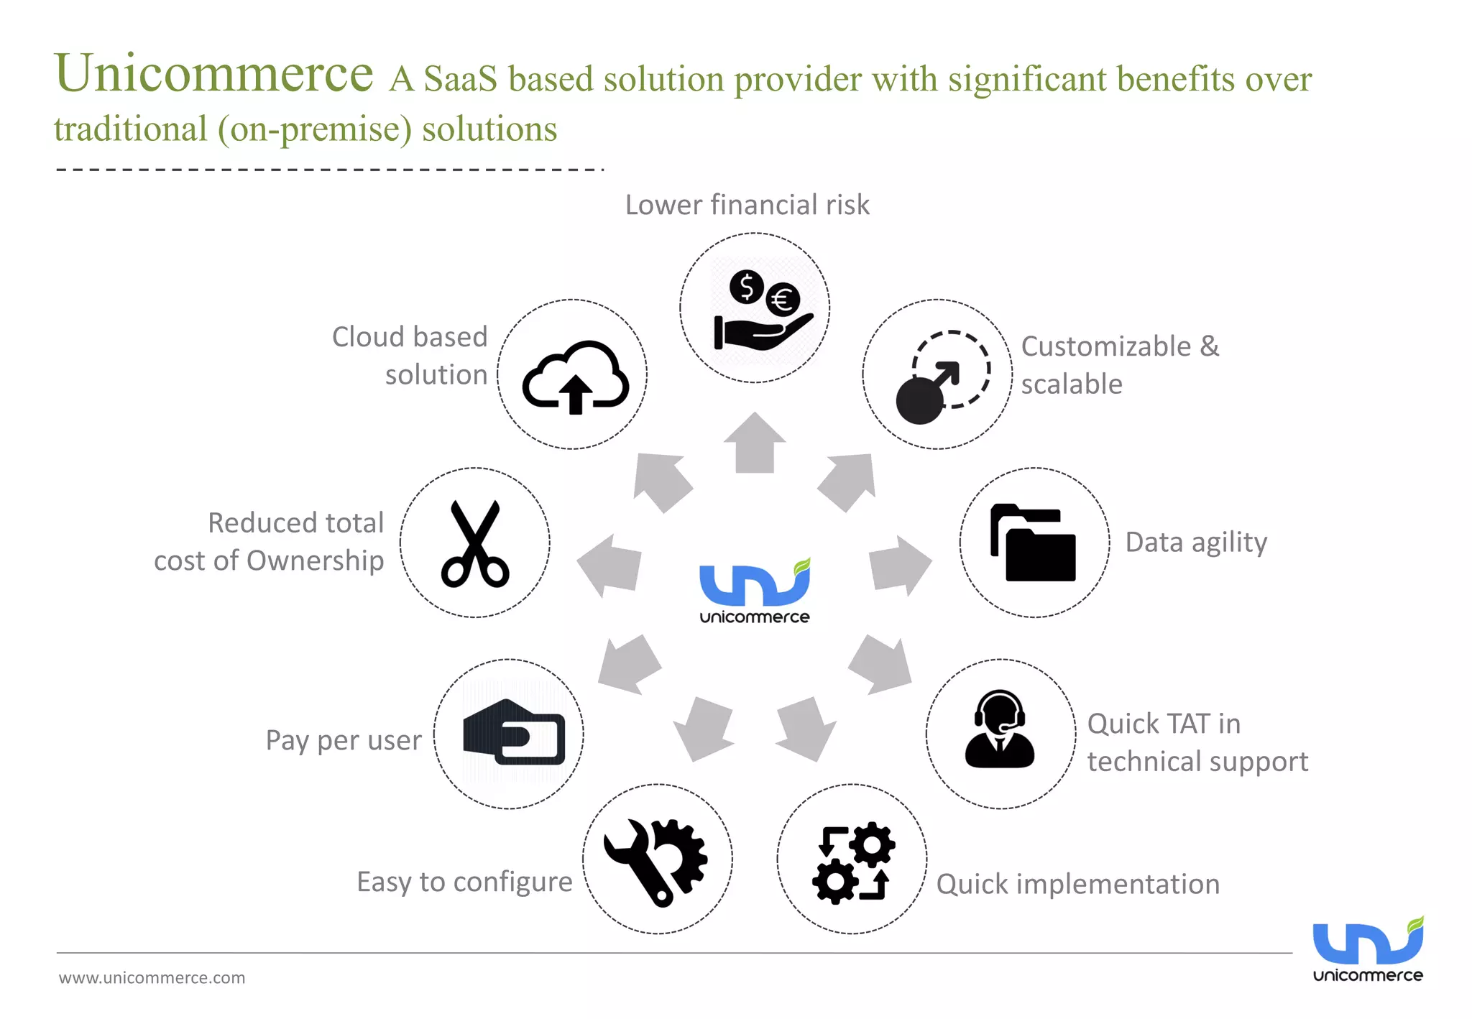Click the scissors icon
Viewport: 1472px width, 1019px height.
click(x=474, y=543)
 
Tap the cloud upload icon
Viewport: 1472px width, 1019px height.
click(x=574, y=377)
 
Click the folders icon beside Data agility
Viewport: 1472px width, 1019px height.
click(x=1033, y=543)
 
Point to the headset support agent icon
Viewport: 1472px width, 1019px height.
click(x=999, y=730)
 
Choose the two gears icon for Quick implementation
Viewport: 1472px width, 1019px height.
click(x=853, y=862)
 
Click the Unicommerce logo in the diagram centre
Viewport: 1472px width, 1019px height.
click(x=755, y=591)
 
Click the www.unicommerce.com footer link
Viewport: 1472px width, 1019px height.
click(x=152, y=978)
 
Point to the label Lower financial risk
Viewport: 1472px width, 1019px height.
click(x=747, y=205)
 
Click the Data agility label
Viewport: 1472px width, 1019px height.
click(x=1195, y=543)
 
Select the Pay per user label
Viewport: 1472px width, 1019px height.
click(x=344, y=740)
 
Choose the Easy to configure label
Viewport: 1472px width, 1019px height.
click(x=464, y=882)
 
